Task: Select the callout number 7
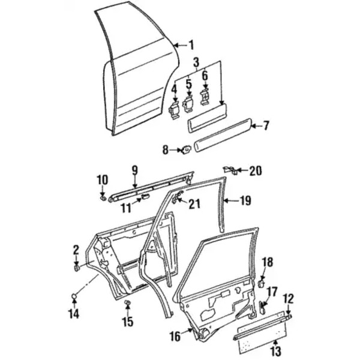(266, 125)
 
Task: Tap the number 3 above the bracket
(196, 62)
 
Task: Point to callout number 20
(256, 171)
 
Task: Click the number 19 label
(245, 201)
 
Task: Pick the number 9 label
(135, 170)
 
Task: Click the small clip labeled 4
(174, 110)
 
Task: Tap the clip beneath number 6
(205, 95)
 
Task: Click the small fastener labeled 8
(187, 149)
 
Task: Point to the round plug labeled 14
(75, 295)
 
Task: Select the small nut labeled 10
(103, 197)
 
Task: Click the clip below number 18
(262, 282)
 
